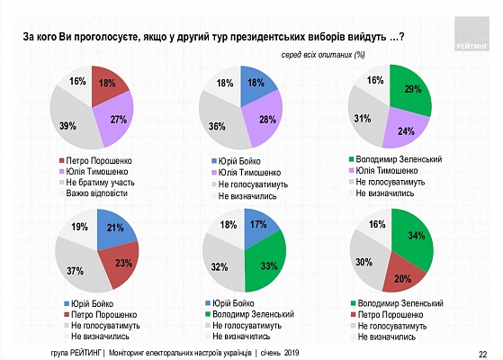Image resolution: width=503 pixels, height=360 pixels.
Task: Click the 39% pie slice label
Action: tap(67, 126)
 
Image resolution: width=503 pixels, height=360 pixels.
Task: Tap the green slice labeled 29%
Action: tap(411, 90)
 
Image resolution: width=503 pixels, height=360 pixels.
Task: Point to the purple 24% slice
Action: tap(405, 129)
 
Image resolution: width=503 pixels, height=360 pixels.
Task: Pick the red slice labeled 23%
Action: tap(121, 263)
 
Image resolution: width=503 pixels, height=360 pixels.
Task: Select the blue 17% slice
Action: tap(258, 226)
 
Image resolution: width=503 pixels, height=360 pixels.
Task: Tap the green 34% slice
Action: tap(414, 238)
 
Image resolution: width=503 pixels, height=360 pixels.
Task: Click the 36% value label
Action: tap(217, 126)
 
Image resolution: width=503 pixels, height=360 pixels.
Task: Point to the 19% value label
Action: tap(79, 227)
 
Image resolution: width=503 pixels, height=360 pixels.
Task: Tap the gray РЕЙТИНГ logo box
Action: tap(472, 34)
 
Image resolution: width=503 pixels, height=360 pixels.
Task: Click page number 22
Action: tap(483, 355)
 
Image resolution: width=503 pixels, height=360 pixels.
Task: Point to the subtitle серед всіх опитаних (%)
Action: tap(323, 55)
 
